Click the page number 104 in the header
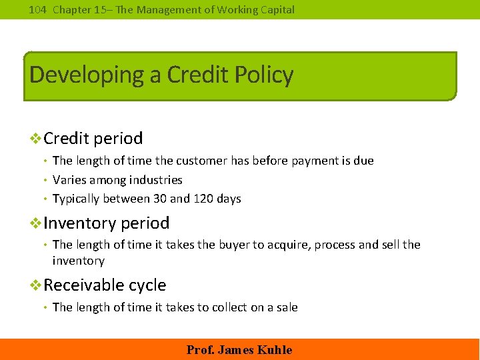point(38,10)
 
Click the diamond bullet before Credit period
point(36,139)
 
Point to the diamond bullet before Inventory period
point(36,223)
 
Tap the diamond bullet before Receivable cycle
point(36,285)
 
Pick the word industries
point(155,180)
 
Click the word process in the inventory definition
point(335,245)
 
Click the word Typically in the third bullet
point(77,199)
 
